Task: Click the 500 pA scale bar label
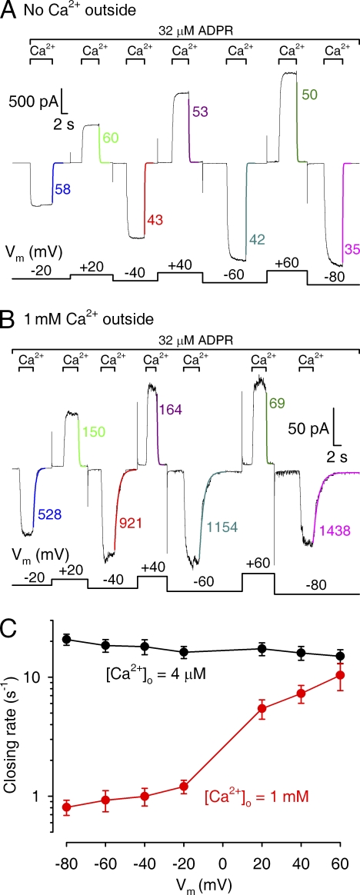[32, 103]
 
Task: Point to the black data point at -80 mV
[67, 639]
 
